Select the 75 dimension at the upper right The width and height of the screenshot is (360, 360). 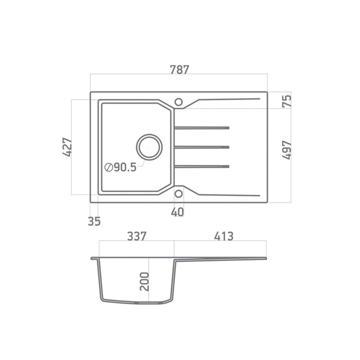[287, 101]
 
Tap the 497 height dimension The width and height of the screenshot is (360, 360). [287, 150]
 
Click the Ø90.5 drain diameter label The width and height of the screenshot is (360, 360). [121, 167]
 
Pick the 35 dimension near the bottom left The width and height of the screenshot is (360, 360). [94, 222]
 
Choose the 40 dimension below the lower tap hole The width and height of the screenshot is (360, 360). [177, 212]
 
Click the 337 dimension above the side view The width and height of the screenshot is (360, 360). [136, 236]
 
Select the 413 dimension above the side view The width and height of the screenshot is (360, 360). [223, 236]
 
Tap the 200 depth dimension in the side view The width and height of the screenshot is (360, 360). [144, 281]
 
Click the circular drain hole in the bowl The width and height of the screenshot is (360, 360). [149, 147]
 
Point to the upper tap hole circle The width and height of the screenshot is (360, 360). [179, 102]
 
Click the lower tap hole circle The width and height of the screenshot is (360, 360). [179, 193]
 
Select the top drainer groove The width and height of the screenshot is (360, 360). [202, 128]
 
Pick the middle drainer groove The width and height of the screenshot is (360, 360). [202, 147]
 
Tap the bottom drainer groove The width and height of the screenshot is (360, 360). [202, 166]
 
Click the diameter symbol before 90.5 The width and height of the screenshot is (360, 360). [109, 168]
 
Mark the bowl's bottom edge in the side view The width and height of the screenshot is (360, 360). [137, 302]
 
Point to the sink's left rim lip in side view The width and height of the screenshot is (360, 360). [94, 258]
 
